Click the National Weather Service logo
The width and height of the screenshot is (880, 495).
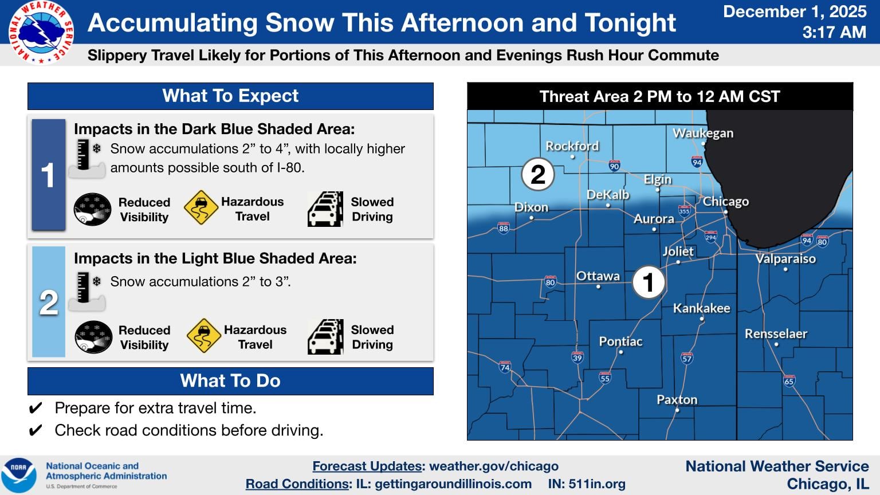click(x=41, y=32)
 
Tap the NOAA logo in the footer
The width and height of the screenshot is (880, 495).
click(x=19, y=475)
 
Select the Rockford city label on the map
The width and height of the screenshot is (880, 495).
click(x=572, y=146)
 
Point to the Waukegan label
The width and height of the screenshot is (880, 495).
click(x=702, y=133)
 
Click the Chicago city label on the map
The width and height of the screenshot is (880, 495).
click(x=725, y=202)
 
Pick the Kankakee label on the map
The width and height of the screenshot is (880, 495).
click(x=701, y=308)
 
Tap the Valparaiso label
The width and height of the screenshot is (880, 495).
click(x=785, y=258)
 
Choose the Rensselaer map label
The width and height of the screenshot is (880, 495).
click(x=776, y=333)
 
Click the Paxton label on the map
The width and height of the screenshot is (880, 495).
click(x=677, y=399)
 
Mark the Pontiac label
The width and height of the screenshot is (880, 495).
click(x=620, y=341)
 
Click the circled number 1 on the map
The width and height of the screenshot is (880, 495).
click(x=649, y=282)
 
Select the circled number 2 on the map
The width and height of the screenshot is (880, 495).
click(x=537, y=174)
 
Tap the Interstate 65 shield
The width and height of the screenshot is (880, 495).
click(x=789, y=380)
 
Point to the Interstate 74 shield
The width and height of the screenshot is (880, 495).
click(x=505, y=367)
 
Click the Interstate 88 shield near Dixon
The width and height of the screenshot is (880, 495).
click(x=503, y=228)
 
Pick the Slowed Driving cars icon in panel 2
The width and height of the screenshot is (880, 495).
click(x=325, y=337)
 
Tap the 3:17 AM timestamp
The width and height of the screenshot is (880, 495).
click(x=834, y=32)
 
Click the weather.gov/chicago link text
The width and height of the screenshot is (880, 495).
click(x=493, y=466)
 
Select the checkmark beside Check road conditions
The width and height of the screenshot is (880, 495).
click(x=35, y=430)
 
